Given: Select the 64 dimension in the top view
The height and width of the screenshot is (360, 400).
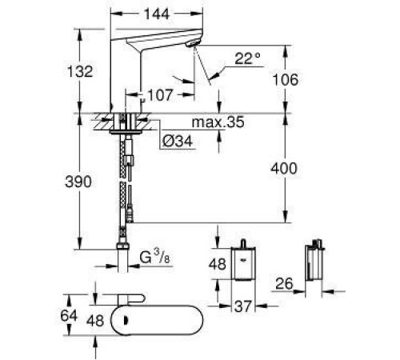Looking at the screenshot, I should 69,315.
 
